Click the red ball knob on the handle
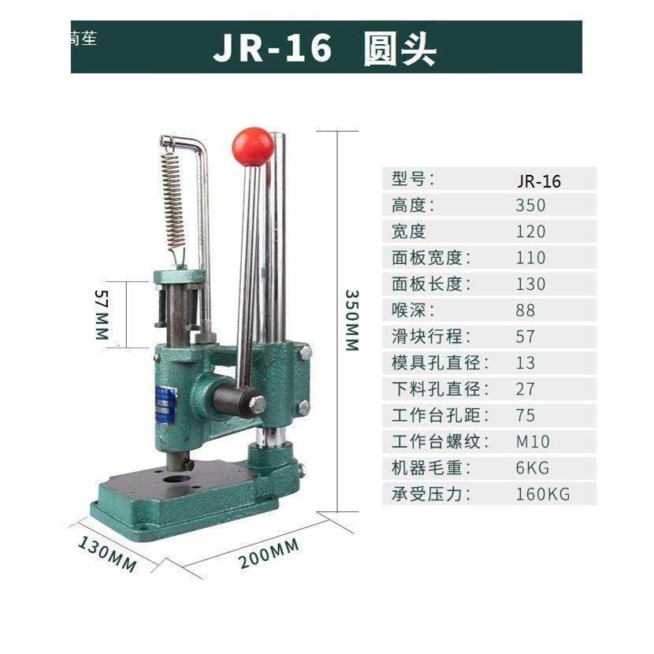(252, 146)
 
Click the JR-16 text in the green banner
(273, 48)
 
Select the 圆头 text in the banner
(399, 49)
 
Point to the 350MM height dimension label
(351, 319)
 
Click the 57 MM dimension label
(100, 314)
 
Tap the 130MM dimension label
(108, 553)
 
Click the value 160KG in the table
(542, 494)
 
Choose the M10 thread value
(533, 441)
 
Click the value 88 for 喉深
(526, 310)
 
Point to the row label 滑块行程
(431, 336)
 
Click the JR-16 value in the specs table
(539, 181)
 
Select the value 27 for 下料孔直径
(526, 388)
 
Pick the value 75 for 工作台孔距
(526, 415)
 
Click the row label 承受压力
(431, 494)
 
